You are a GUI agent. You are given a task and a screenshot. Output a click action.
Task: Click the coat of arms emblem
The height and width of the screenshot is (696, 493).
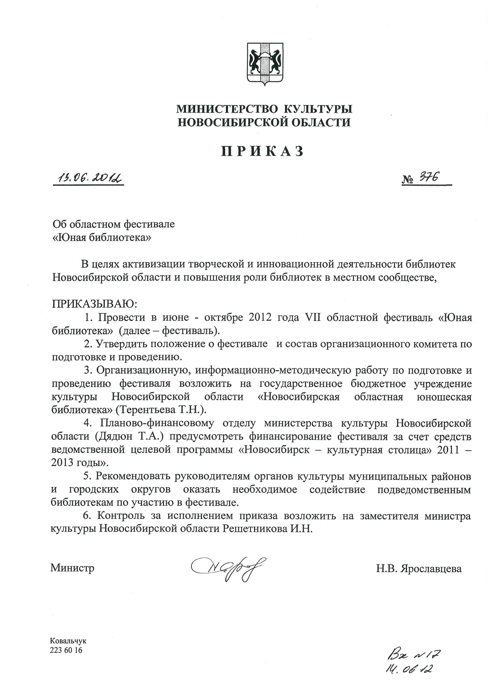coord(265,63)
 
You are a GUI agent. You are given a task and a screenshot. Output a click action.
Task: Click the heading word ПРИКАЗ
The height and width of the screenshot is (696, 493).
coord(262,151)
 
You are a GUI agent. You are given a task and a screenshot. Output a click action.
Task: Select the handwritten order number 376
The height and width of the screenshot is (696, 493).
coord(429,177)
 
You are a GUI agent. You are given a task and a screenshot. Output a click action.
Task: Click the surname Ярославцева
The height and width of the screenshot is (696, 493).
coord(431,568)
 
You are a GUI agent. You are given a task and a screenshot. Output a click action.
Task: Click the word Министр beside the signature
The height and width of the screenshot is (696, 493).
coord(72,568)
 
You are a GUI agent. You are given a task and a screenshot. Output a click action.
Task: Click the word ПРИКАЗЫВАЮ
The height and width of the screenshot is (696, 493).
coord(94,303)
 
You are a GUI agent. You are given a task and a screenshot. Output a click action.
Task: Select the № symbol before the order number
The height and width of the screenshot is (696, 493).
coord(409,180)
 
